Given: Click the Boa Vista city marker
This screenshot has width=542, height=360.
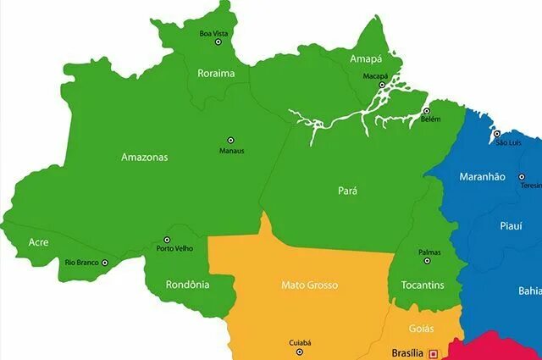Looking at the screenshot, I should coord(214,24).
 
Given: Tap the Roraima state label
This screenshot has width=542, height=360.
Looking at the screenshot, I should coord(216,73).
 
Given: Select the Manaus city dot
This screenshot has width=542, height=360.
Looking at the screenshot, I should coord(230,141).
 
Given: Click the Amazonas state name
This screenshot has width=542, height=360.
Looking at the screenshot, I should coord(145,157).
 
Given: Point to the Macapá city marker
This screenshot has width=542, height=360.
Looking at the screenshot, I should coord(382,85).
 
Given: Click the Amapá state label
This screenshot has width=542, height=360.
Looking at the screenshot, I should coord(366,59).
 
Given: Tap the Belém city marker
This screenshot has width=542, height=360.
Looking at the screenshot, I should coord(427,111).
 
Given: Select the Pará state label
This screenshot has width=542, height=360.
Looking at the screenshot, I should coord(347,191).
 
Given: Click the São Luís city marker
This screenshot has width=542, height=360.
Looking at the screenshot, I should coord(497,134).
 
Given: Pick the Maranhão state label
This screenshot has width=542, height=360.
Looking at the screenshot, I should coord(482,176).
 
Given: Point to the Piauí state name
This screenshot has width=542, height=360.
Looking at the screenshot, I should coord(511,226).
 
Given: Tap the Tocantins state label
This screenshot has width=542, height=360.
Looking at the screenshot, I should coord(423,285).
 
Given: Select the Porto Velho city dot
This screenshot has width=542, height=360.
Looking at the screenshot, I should coord(167,240).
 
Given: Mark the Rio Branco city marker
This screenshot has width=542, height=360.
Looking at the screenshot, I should coord(105,263).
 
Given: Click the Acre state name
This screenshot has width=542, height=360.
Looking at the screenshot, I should coord(38,242).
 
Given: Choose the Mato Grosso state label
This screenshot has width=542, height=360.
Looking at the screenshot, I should coord(309,285).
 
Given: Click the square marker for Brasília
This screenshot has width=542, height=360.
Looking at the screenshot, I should coord(434,353).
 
